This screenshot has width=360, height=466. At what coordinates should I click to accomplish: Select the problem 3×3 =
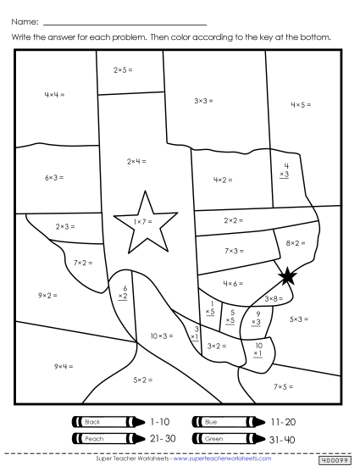point(202,100)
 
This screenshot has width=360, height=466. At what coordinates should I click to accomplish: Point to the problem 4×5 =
point(301,104)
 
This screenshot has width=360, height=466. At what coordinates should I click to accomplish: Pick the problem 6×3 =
point(54,177)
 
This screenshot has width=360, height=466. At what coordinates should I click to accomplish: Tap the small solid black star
point(288,275)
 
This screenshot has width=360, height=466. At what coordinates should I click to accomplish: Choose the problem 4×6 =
point(233,283)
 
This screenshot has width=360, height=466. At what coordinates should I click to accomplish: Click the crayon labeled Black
point(105,421)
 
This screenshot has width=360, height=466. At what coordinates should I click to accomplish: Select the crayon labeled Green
point(225,439)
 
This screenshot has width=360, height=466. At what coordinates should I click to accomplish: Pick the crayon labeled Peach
point(105,439)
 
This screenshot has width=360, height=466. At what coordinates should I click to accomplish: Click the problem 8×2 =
point(296,243)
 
